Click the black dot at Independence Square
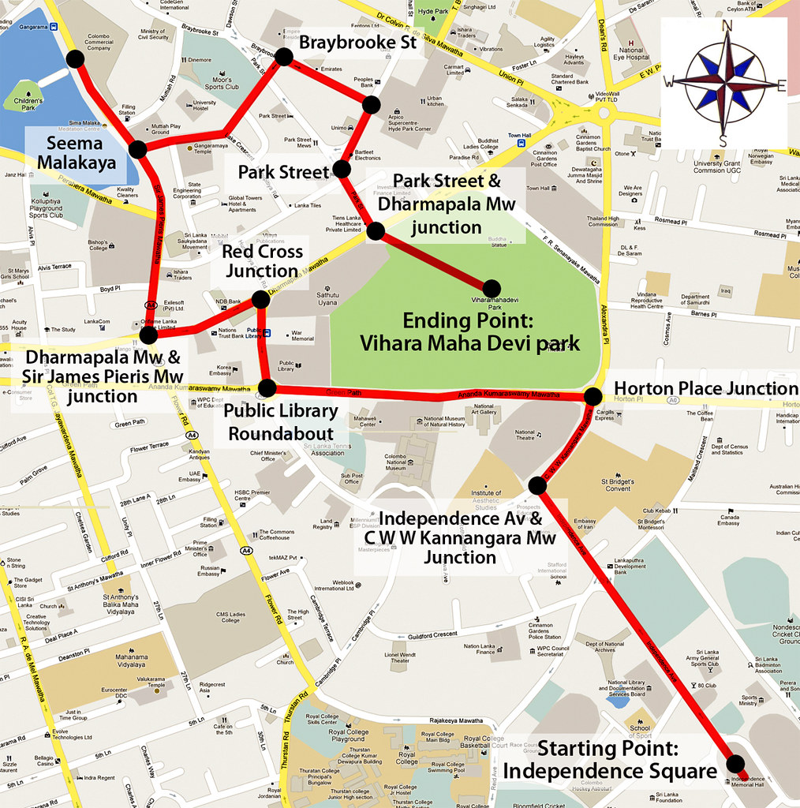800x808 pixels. click(735, 764)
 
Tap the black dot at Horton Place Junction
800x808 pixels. click(593, 396)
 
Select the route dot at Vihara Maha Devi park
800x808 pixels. click(492, 288)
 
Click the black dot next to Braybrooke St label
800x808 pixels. click(284, 57)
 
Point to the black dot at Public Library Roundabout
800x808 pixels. click(267, 387)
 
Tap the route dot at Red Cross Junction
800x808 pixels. click(260, 299)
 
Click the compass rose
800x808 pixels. click(724, 82)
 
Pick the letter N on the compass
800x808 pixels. click(726, 25)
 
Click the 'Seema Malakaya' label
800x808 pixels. click(75, 153)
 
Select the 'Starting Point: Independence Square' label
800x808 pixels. click(609, 760)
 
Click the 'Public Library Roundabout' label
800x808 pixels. click(281, 422)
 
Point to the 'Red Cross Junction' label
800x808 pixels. click(262, 261)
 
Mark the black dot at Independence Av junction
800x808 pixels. click(536, 484)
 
